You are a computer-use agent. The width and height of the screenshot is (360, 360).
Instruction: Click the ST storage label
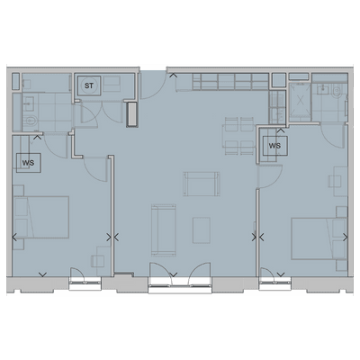[x=89, y=86]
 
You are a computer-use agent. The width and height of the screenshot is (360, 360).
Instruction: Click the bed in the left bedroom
[x=41, y=219]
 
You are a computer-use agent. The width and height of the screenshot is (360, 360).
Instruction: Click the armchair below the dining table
[x=200, y=183]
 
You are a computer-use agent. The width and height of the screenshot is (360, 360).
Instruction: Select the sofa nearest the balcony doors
[x=164, y=229]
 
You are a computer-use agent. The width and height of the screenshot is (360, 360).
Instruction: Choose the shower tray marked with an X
[x=297, y=99]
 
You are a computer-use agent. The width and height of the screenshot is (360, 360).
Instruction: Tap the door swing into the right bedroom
[x=267, y=175]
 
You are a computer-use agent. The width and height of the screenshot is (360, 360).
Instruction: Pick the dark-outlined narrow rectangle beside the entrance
[x=134, y=114]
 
